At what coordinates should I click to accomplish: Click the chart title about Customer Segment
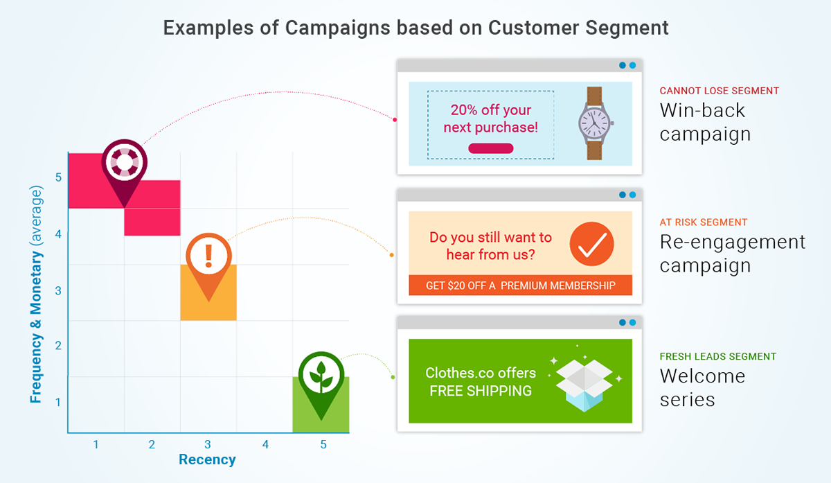[415, 28]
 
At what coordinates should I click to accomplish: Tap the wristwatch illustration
[594, 123]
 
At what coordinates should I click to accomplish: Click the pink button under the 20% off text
[490, 148]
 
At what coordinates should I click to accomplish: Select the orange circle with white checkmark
[592, 244]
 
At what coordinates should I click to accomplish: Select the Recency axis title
[207, 459]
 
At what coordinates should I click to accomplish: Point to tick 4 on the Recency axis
[265, 444]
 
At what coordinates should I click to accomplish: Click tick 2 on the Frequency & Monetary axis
[58, 346]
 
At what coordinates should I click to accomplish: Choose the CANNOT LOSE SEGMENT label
[719, 91]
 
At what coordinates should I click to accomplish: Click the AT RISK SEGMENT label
[703, 222]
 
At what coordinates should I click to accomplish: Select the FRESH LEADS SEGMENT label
[717, 356]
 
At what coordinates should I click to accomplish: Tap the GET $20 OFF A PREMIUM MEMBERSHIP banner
[520, 286]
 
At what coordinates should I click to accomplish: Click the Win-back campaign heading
[705, 122]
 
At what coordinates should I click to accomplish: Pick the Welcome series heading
[702, 388]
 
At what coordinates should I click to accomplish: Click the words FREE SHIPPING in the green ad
[480, 391]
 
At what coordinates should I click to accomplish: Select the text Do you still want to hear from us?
[490, 245]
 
